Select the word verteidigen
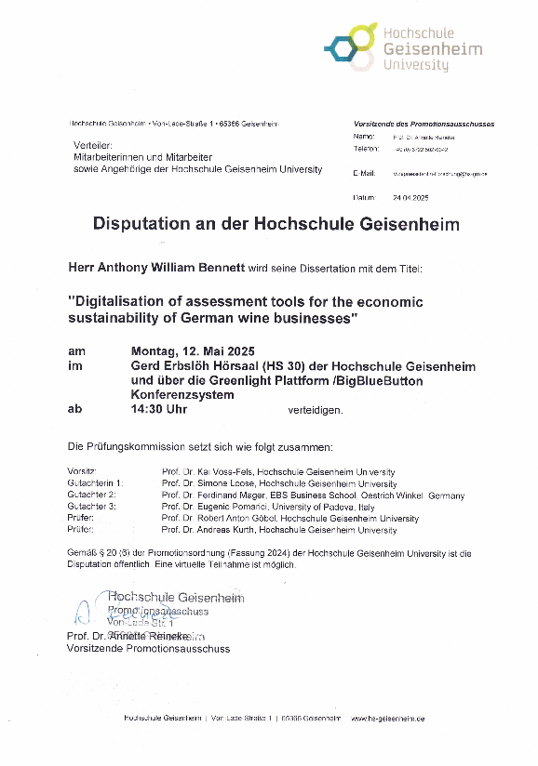point(315,409)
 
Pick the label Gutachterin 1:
point(95,484)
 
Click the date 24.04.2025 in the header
point(410,198)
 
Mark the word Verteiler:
point(92,146)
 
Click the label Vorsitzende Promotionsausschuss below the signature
point(148,648)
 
